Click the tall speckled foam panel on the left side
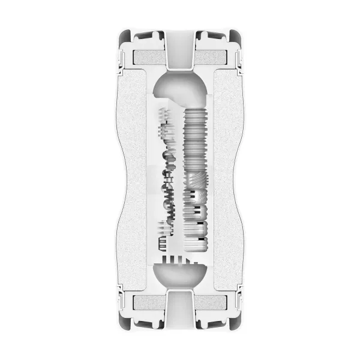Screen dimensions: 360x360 (x=133, y=180)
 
